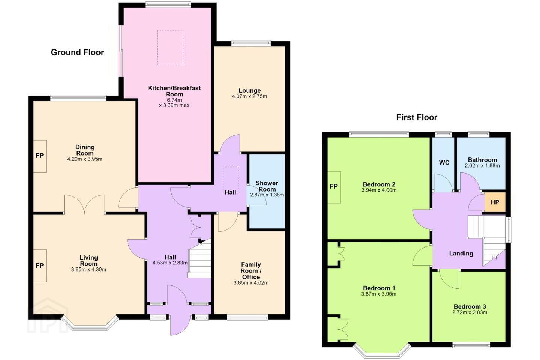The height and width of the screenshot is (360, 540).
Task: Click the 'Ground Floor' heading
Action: click(x=77, y=52)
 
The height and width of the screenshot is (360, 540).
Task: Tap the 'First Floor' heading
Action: click(x=417, y=117)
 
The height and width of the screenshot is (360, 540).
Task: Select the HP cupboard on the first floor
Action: click(x=495, y=202)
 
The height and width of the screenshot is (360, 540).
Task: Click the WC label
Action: click(x=444, y=163)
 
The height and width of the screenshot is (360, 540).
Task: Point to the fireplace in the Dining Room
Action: click(x=40, y=156)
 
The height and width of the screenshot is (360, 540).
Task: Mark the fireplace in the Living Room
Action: click(x=40, y=266)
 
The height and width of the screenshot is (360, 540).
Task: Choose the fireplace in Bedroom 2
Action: click(x=334, y=187)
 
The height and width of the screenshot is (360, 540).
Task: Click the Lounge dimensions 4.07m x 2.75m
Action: click(x=249, y=96)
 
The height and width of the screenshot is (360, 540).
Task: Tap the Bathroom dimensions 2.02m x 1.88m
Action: click(x=482, y=166)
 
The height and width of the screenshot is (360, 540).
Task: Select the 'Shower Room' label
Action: click(x=267, y=186)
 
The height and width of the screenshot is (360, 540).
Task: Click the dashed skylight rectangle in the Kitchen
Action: click(x=170, y=48)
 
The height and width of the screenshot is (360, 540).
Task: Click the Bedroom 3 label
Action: click(x=469, y=306)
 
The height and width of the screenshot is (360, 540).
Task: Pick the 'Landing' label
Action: click(x=461, y=253)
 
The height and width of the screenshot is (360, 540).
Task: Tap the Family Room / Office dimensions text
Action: click(x=251, y=283)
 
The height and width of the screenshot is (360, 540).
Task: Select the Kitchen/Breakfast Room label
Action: click(x=174, y=91)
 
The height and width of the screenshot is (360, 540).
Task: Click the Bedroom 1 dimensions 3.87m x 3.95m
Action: click(x=379, y=294)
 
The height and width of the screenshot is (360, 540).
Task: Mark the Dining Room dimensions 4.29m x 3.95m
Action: click(x=85, y=159)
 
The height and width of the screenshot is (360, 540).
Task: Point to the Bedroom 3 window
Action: click(x=471, y=345)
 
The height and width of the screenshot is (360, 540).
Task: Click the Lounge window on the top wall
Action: click(x=251, y=43)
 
